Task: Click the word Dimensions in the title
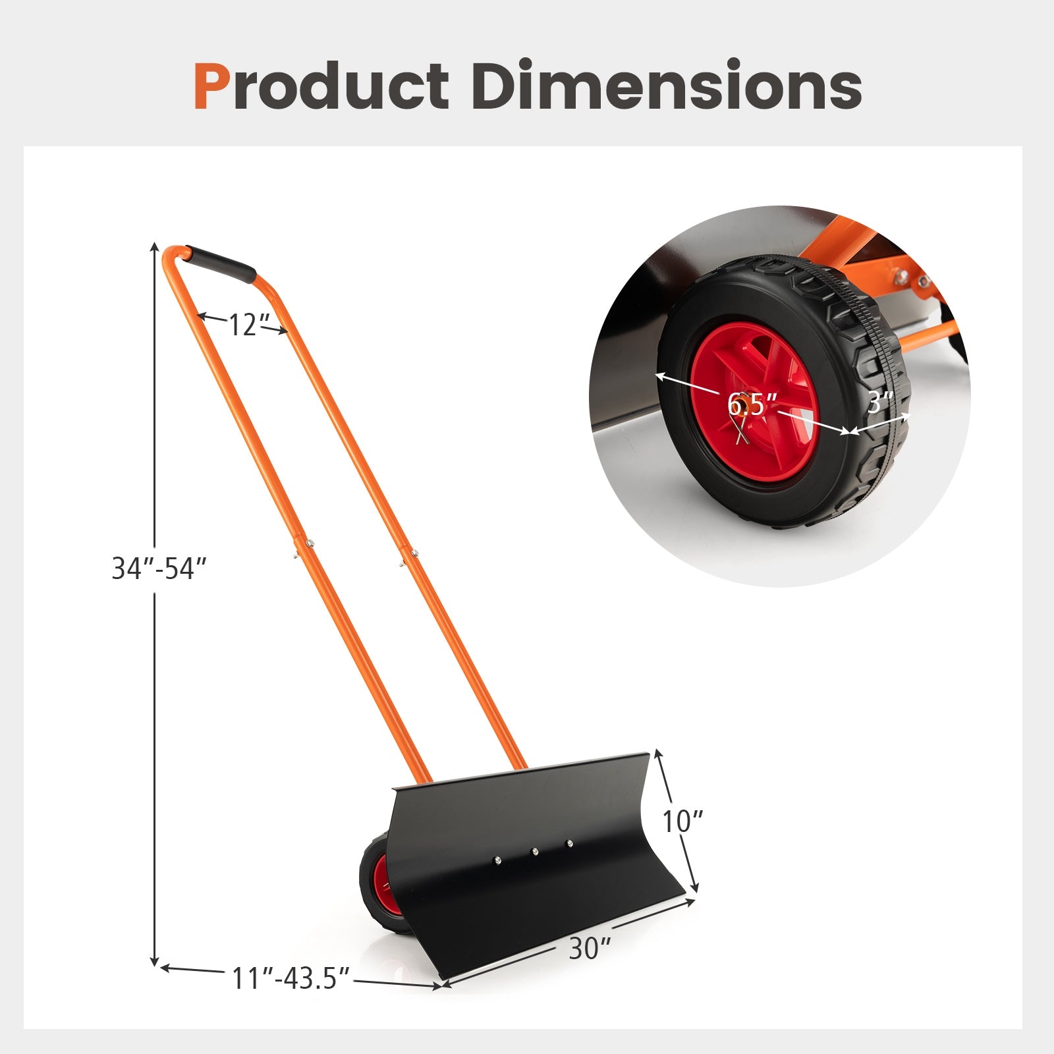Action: tap(666, 86)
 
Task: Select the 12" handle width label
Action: tap(244, 325)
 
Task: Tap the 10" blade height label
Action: tap(682, 821)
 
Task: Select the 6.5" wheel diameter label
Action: tap(752, 403)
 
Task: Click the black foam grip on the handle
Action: tap(221, 265)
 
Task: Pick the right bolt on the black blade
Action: tap(569, 843)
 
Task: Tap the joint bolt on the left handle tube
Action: tap(308, 543)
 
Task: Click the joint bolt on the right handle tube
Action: tap(414, 553)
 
